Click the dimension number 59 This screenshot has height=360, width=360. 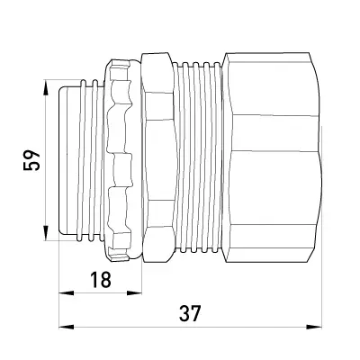coord(31,160)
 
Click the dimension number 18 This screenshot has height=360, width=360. coord(101,280)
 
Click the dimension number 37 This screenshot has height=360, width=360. coord(190,313)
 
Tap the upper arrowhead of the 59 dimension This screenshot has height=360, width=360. coord(45,87)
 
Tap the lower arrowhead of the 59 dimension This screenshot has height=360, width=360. coord(45,232)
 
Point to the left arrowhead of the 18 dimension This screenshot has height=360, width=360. coord(67,292)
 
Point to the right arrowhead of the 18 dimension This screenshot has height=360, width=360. coord(134,292)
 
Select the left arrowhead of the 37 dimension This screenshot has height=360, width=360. coord(67,327)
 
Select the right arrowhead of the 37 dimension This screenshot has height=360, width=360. coord(314,327)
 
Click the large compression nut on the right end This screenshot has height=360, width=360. coord(273,157)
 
